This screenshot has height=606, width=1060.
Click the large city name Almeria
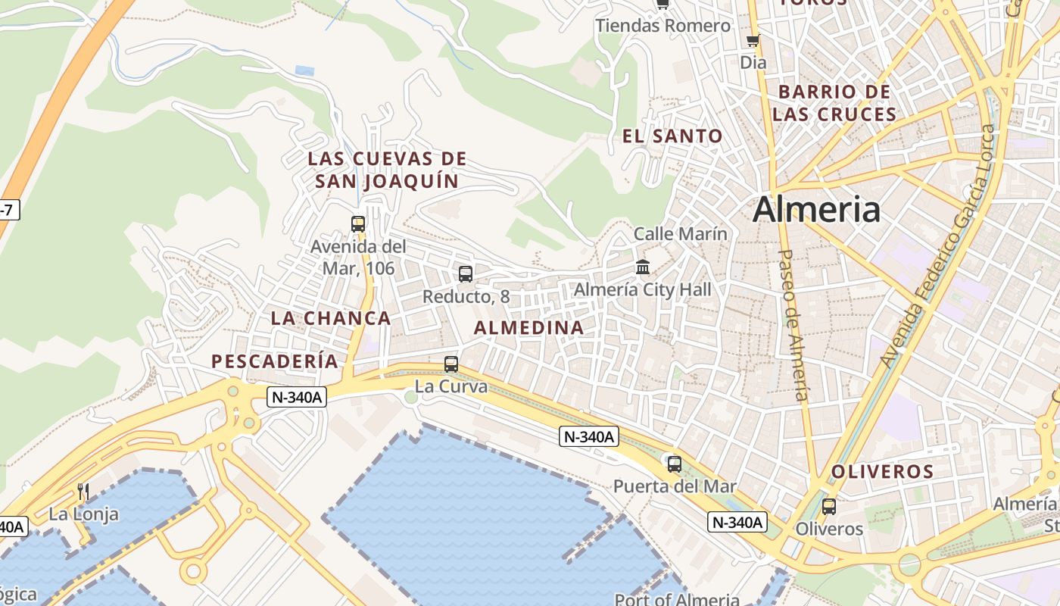click(x=816, y=209)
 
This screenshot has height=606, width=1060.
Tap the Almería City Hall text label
click(x=643, y=289)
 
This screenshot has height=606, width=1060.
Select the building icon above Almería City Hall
click(x=643, y=267)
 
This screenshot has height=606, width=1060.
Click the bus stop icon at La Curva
click(x=451, y=364)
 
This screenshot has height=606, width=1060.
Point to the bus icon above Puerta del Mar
click(x=674, y=464)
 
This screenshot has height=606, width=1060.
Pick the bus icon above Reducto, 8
click(x=466, y=274)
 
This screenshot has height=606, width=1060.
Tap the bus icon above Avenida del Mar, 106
click(x=358, y=223)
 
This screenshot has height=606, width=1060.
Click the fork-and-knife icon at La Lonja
click(x=83, y=492)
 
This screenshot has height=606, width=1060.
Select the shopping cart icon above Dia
click(x=753, y=40)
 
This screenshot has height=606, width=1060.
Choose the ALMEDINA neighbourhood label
click(x=528, y=328)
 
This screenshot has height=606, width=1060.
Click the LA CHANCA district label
click(x=331, y=318)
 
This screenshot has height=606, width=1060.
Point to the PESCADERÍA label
click(x=275, y=361)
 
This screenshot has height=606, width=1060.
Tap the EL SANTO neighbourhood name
click(x=672, y=136)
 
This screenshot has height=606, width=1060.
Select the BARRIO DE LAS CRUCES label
click(x=834, y=103)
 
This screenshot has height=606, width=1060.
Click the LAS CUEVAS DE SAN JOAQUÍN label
click(x=387, y=170)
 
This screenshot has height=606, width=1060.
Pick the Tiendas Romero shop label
click(x=663, y=26)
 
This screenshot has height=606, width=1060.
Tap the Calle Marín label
click(x=680, y=234)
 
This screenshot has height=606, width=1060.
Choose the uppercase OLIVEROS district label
click(x=882, y=472)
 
